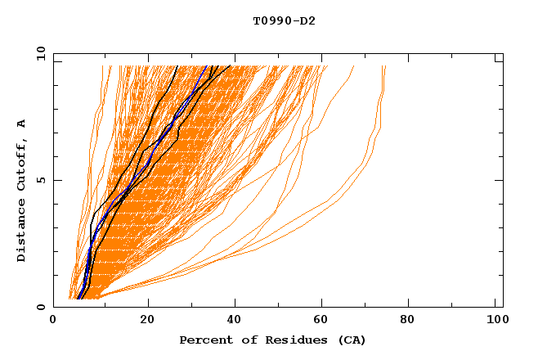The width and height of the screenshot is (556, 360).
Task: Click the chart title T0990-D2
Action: click(x=284, y=20)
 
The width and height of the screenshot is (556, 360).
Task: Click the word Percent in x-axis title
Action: click(x=204, y=340)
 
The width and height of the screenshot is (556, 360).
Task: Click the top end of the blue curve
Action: click(x=203, y=65)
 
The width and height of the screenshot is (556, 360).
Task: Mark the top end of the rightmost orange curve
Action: click(x=385, y=65)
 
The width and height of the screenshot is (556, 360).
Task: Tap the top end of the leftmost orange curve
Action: click(x=102, y=65)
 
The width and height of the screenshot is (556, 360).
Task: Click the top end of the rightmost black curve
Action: click(x=231, y=65)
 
